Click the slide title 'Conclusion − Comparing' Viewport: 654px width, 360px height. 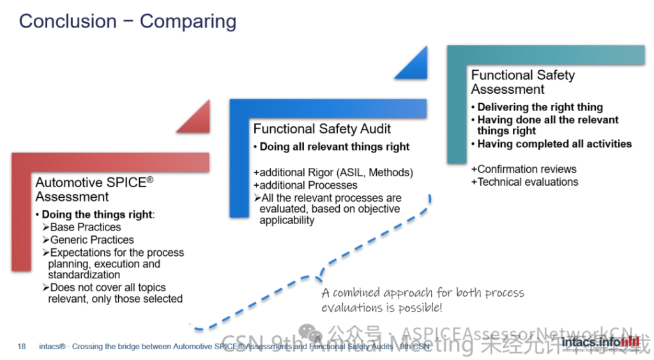[x=127, y=21]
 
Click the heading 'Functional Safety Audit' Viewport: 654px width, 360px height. [x=322, y=129]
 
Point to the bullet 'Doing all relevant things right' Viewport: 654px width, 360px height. [x=334, y=147]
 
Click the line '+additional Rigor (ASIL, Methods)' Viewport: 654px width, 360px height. [x=333, y=172]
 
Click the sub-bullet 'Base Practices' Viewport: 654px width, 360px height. [x=85, y=227]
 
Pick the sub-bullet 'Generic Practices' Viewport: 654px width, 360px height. [x=91, y=240]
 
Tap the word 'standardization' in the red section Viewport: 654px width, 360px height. [x=84, y=275]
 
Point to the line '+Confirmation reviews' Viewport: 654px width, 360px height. [x=524, y=169]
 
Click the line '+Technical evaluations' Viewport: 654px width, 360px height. [x=524, y=182]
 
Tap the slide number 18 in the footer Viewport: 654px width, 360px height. [x=22, y=347]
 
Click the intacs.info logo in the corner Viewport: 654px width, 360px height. [x=600, y=343]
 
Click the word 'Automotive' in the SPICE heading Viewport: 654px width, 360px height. [x=65, y=183]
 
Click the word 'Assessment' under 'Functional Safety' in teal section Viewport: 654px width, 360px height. [x=508, y=89]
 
